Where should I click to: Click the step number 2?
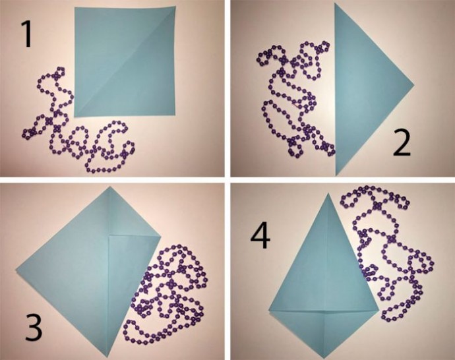tap(402, 142)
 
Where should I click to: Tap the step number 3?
tap(34, 327)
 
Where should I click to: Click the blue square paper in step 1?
tap(125, 62)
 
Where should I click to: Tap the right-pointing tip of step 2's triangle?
tap(414, 86)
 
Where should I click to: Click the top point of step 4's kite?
tap(328, 193)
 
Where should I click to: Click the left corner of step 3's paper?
tap(16, 270)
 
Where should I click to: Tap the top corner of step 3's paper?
tap(109, 187)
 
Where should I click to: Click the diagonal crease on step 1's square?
tap(125, 62)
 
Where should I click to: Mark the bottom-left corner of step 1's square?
tap(75, 117)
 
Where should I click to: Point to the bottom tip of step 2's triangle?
tap(336, 175)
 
